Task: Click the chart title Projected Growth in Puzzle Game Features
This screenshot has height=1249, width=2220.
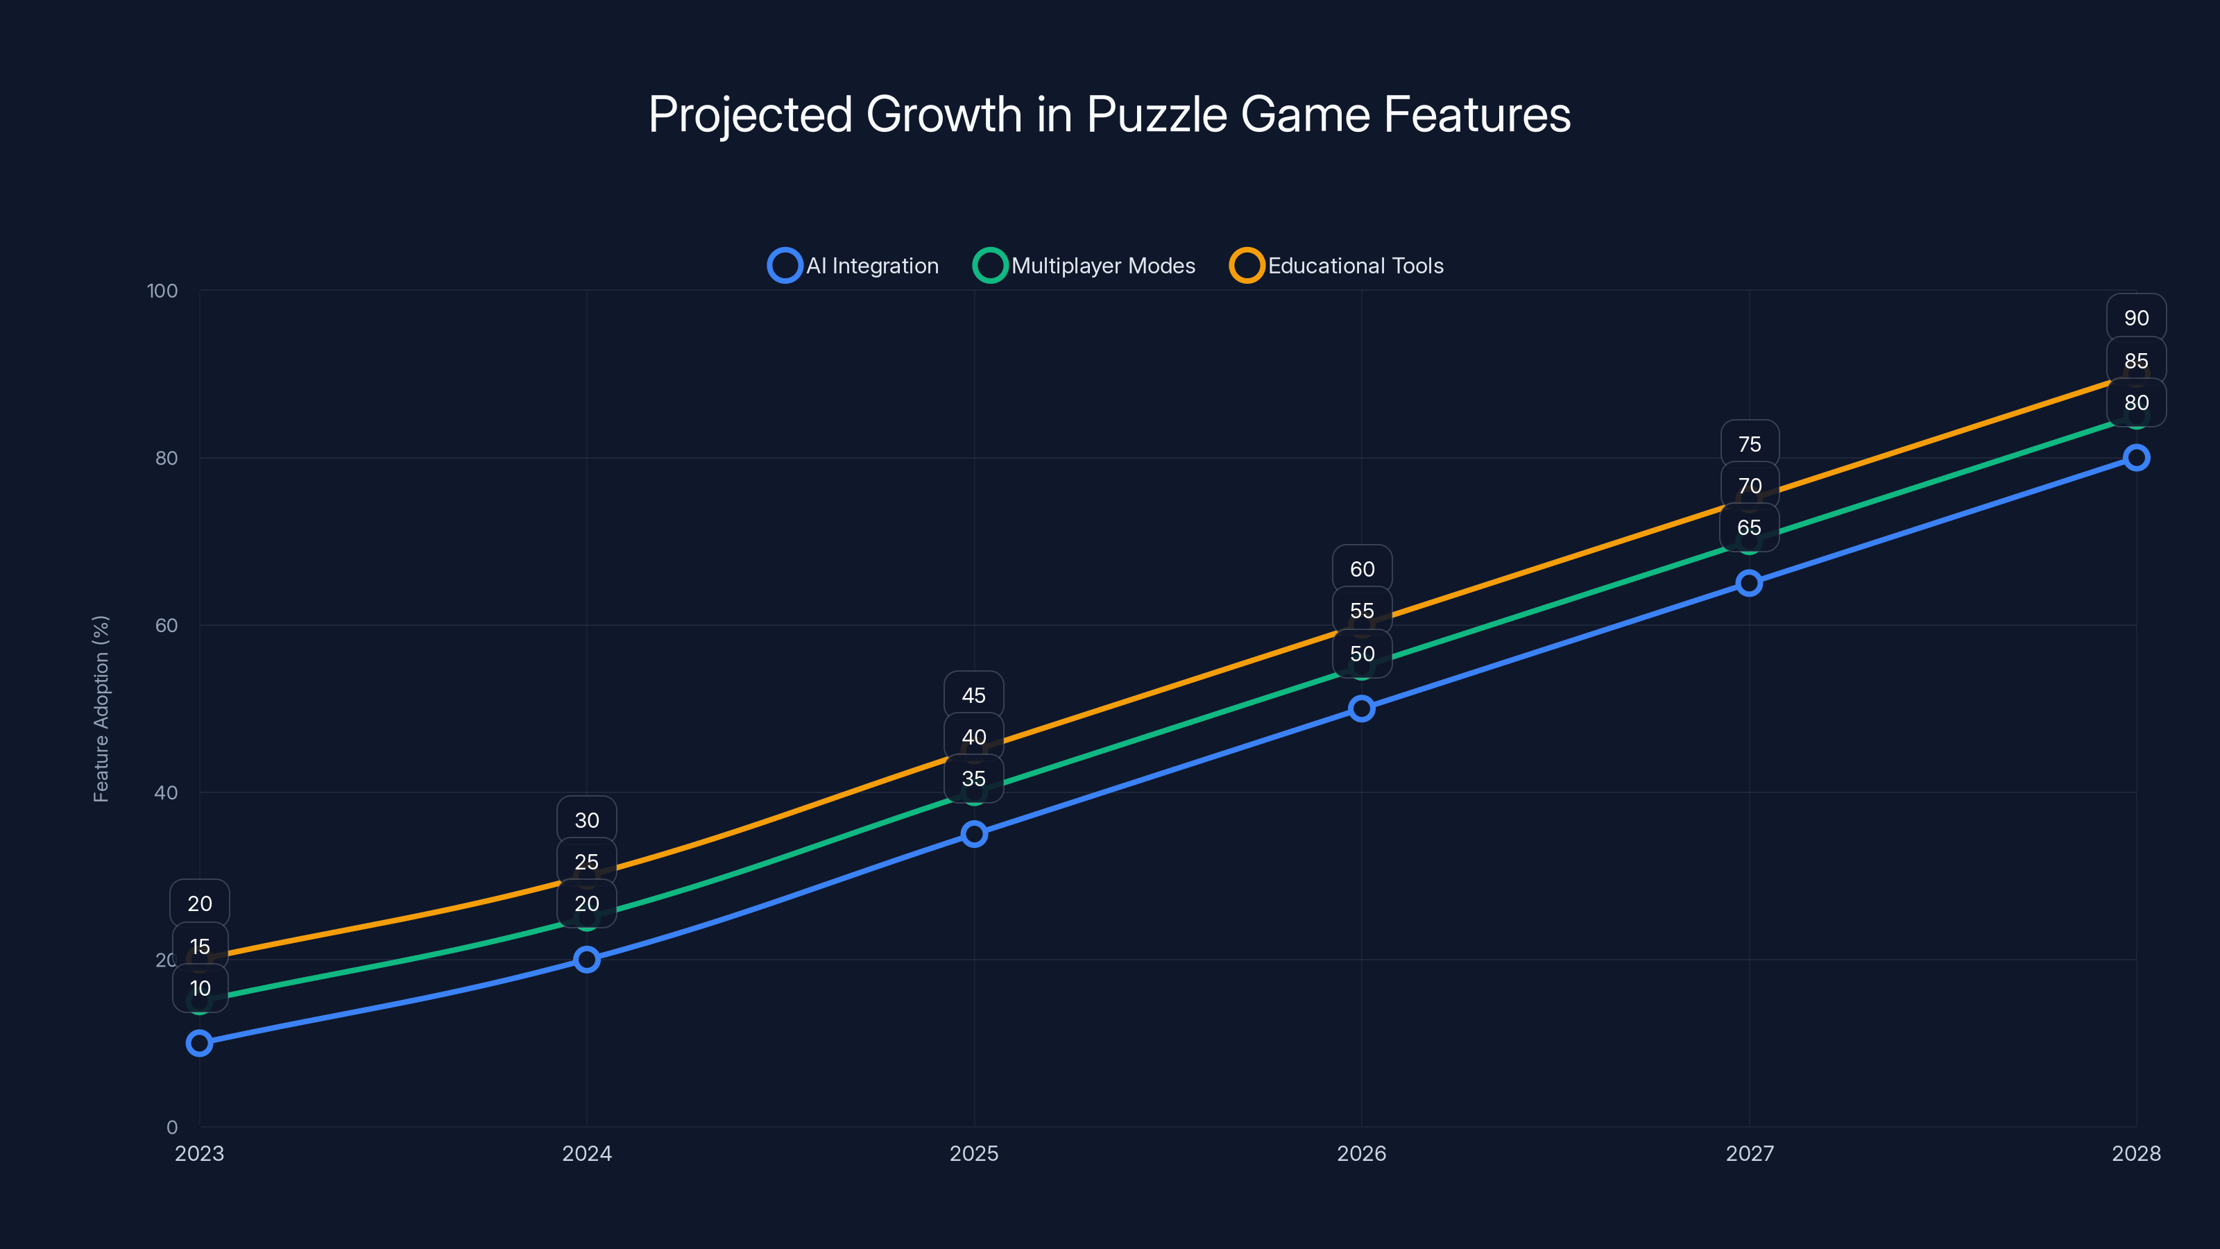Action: tap(1109, 114)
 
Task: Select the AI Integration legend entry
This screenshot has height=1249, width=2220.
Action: tap(853, 266)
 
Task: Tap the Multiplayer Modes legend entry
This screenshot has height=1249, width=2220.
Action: tap(1084, 266)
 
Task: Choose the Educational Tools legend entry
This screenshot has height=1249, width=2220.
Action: tap(1337, 266)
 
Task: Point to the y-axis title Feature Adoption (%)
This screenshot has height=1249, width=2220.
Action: tap(101, 708)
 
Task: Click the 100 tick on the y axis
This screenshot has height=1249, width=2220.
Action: tap(162, 291)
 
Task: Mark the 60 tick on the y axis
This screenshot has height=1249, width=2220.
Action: tap(166, 625)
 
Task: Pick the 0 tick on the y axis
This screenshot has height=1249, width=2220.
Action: tap(171, 1127)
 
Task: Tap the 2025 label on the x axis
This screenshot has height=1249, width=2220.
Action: tap(974, 1153)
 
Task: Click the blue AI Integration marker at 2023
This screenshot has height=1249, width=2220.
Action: tap(199, 1043)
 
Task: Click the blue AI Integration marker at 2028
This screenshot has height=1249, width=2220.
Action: tap(2135, 458)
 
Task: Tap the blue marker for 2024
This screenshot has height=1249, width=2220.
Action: tap(587, 960)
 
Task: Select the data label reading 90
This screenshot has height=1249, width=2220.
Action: tap(2135, 318)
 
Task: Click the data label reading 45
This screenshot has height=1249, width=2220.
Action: tap(974, 695)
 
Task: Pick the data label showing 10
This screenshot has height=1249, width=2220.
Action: tap(200, 988)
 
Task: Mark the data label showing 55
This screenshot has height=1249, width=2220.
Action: tap(1362, 611)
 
